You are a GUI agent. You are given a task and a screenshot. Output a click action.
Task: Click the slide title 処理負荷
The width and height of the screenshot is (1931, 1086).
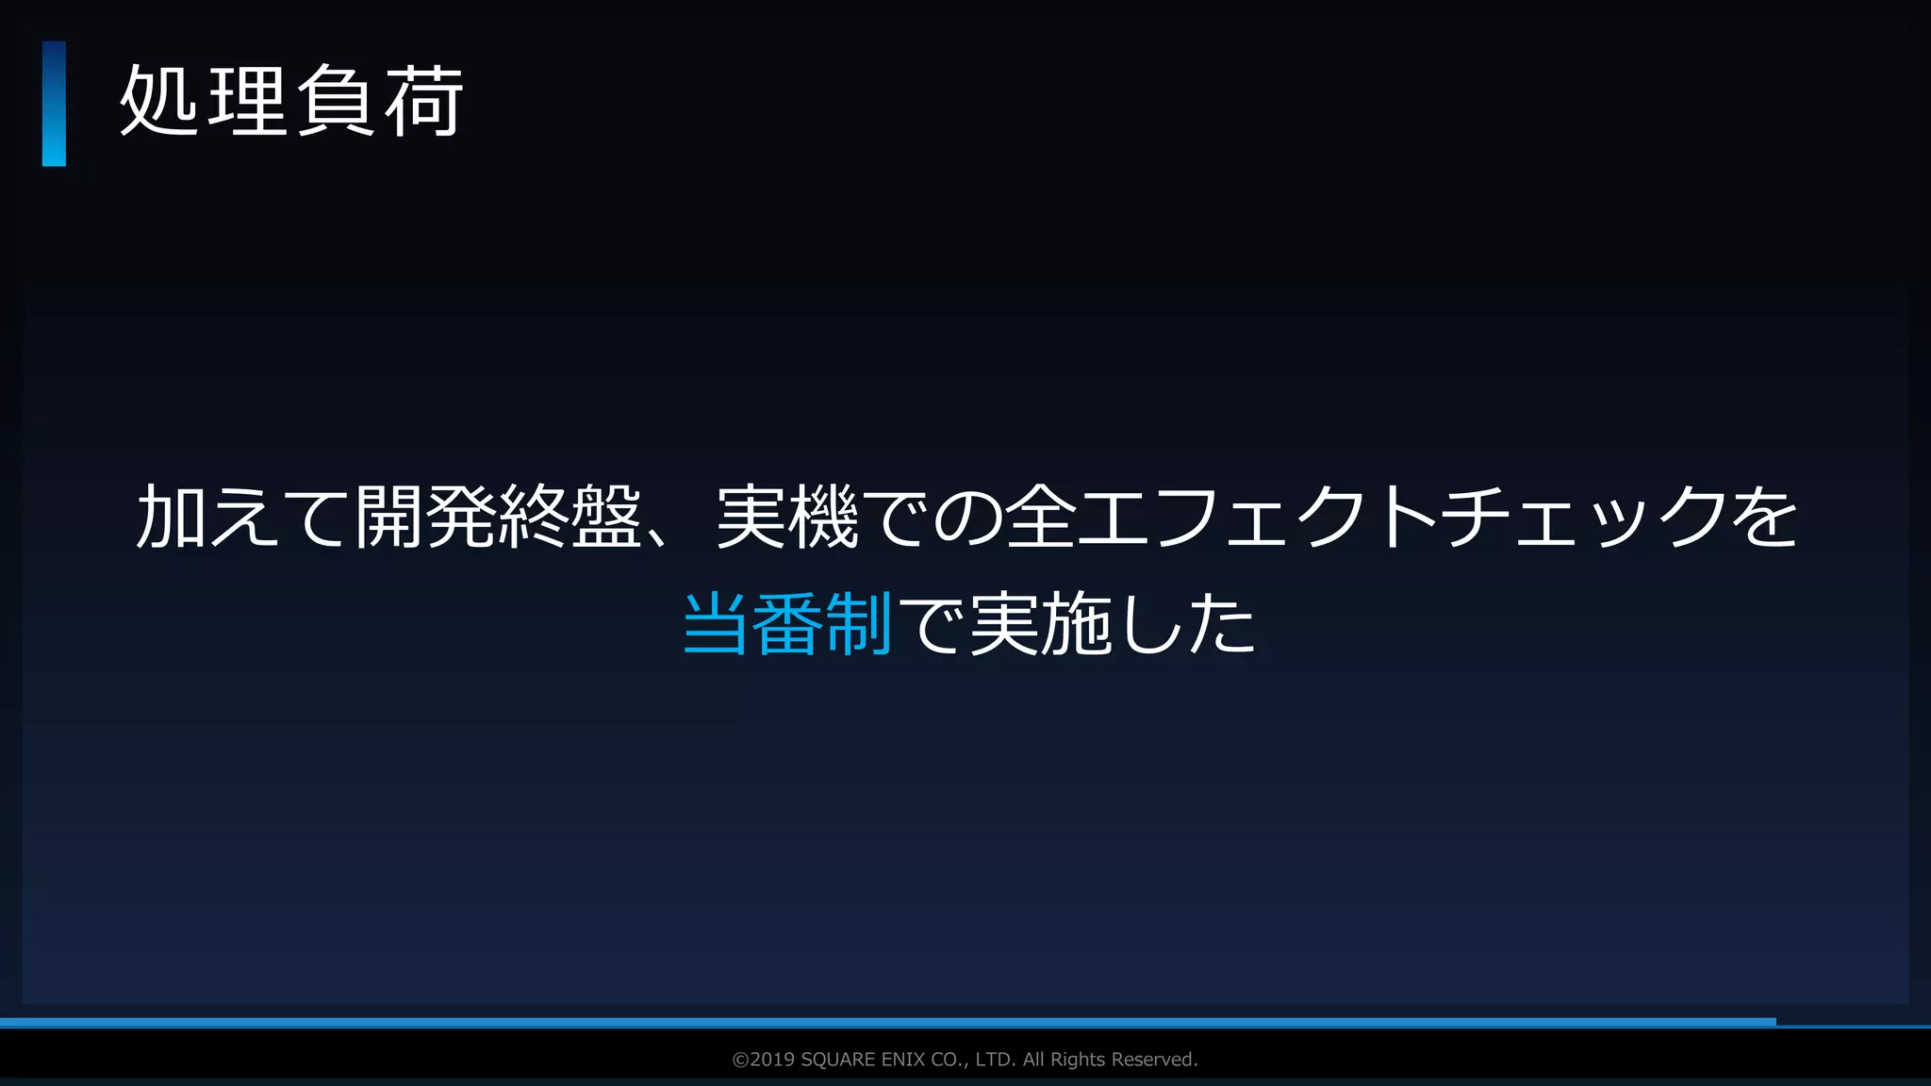click(x=291, y=102)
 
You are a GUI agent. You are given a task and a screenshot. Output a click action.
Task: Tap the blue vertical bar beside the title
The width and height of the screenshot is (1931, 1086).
click(x=54, y=104)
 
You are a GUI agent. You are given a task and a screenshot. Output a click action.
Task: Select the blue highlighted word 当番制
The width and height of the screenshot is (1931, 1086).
click(x=786, y=624)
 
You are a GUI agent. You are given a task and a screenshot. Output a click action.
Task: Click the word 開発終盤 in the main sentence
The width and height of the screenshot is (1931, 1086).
click(x=499, y=518)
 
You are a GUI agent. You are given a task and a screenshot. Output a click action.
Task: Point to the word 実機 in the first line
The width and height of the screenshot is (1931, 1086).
click(x=787, y=518)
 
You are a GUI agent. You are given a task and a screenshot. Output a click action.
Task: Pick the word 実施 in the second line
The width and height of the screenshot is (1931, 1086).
click(x=1039, y=624)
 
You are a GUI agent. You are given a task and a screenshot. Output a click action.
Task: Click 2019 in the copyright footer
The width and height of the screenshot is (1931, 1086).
click(x=772, y=1060)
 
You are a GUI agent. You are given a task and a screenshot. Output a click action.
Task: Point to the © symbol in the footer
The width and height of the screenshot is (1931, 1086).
click(x=740, y=1060)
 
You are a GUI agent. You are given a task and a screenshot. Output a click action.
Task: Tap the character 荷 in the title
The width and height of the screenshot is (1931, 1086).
click(x=425, y=102)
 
